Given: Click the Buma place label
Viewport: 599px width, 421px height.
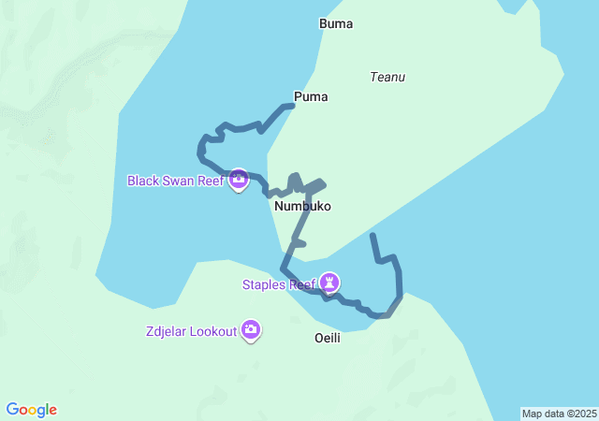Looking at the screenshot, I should [336, 23].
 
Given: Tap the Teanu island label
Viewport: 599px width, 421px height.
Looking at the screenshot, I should [387, 77].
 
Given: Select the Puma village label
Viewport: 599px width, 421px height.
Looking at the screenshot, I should [311, 96].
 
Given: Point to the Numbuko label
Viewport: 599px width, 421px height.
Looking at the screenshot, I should [302, 206].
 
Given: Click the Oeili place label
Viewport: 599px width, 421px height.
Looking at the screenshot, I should [327, 338].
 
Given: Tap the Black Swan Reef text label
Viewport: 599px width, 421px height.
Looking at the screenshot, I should [176, 181].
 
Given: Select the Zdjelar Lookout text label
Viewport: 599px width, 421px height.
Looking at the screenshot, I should [191, 331].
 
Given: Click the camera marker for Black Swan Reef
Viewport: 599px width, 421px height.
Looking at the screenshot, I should [238, 179].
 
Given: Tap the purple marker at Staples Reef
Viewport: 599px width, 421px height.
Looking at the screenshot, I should [329, 282].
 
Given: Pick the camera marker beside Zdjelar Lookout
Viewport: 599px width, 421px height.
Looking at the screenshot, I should [251, 329].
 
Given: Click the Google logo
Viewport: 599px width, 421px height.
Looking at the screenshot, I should [32, 410].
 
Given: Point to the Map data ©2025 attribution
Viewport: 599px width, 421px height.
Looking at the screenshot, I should [559, 414].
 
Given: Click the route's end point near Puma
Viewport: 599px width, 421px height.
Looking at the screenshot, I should [292, 106].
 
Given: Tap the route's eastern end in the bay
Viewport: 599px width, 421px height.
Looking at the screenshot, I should [373, 235].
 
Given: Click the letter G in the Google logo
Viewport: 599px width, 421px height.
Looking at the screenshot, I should [12, 410].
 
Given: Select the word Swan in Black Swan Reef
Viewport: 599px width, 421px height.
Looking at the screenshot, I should [179, 181].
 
